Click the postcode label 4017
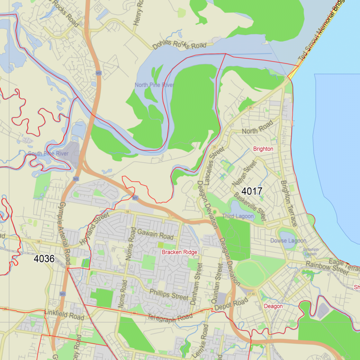252,191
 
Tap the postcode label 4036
44,259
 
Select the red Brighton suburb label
263,149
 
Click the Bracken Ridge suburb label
180,252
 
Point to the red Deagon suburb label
273,306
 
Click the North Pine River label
154,85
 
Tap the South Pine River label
48,154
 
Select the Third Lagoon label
238,216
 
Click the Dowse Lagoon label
288,241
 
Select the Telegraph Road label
173,318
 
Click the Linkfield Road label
64,315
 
